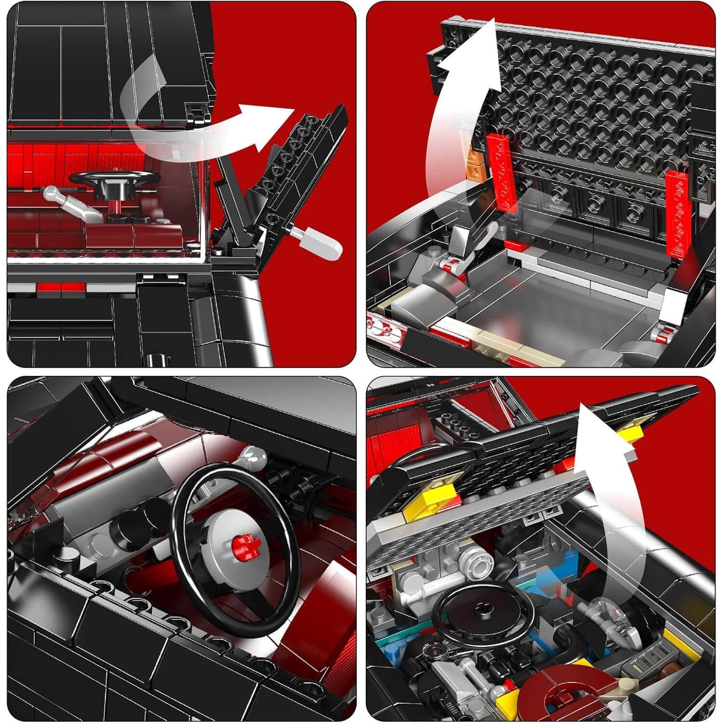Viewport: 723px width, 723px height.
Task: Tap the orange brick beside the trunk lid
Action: pyautogui.click(x=474, y=164)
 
